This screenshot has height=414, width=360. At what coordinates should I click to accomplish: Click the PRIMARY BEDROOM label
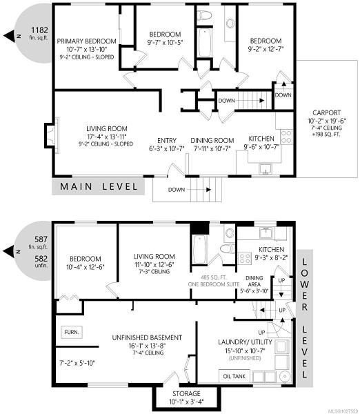[87, 41]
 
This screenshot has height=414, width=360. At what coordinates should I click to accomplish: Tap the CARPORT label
[326, 112]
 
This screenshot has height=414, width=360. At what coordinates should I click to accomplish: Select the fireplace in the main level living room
[52, 135]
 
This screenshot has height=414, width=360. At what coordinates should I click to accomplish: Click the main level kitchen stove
[286, 137]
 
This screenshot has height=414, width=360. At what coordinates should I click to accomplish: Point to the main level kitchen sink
[265, 169]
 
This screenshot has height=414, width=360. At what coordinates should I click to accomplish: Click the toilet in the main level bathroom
[205, 15]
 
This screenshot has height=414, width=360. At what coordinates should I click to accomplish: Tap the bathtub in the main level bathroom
[205, 43]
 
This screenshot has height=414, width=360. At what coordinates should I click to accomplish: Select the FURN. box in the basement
[72, 332]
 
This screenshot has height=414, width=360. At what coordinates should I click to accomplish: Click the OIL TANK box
[234, 376]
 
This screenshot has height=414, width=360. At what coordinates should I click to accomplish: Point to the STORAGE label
[186, 394]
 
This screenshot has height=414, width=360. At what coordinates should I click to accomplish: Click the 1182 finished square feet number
[39, 30]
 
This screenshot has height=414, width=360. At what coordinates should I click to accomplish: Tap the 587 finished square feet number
[41, 239]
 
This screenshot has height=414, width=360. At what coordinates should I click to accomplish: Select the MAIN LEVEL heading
[99, 187]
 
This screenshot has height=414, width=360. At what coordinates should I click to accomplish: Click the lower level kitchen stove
[245, 259]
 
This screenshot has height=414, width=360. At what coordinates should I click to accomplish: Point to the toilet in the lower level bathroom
[228, 248]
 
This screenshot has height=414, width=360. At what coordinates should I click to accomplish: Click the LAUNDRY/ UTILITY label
[245, 342]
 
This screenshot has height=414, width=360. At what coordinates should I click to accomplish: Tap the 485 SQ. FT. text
[214, 277]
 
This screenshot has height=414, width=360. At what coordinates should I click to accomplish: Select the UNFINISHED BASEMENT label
[147, 337]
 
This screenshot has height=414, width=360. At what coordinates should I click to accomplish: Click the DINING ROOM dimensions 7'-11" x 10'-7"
[212, 148]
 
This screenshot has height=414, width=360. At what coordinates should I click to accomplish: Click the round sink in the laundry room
[285, 376]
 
